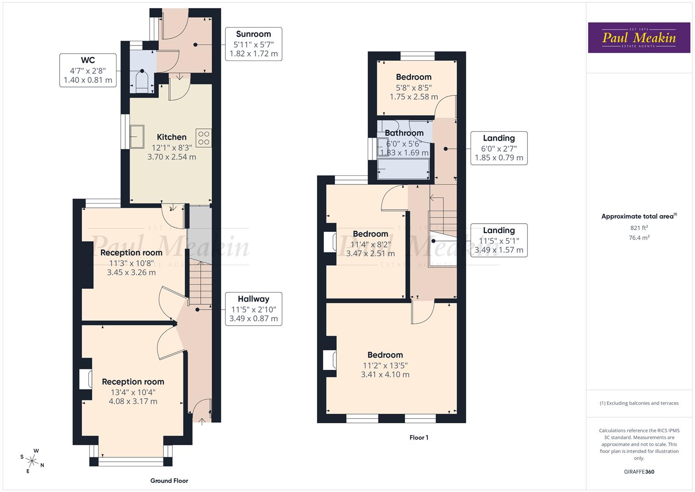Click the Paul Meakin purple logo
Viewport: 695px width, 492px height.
click(x=639, y=38)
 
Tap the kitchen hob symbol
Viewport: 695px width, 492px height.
click(x=203, y=138)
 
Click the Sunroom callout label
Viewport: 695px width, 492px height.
click(x=254, y=44)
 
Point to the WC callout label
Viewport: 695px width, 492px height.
click(x=88, y=70)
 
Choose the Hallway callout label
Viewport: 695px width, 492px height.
click(x=254, y=309)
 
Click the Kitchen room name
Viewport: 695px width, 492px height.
click(x=172, y=137)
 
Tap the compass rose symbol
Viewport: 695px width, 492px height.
click(x=32, y=460)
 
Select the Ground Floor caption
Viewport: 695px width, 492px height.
click(x=169, y=481)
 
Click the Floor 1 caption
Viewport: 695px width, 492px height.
click(x=419, y=437)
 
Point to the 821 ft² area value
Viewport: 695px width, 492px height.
click(x=639, y=228)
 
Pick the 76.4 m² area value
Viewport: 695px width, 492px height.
click(x=639, y=237)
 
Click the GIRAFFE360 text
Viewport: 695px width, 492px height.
click(x=639, y=471)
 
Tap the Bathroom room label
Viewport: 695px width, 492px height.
click(x=404, y=133)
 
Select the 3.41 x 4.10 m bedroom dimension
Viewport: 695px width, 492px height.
click(x=385, y=374)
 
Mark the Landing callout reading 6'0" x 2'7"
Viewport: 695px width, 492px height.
click(x=499, y=148)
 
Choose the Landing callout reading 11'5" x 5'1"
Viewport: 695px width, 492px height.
click(x=499, y=241)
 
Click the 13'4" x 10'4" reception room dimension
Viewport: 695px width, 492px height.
click(x=133, y=392)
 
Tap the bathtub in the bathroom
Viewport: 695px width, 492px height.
click(x=403, y=169)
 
